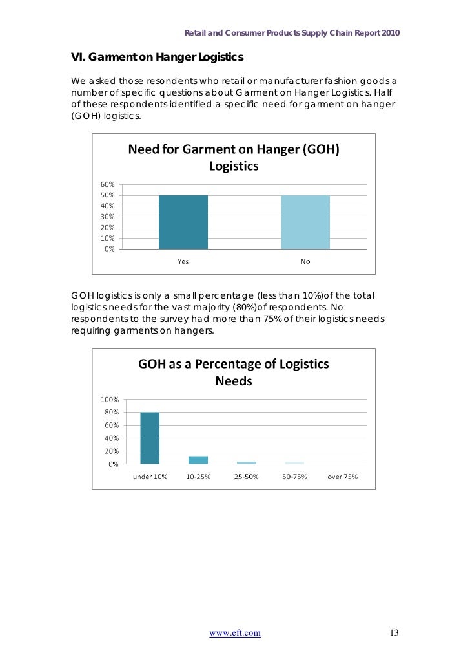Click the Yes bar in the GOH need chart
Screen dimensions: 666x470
coord(183,222)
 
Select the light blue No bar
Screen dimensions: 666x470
coord(305,222)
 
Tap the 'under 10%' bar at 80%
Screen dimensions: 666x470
coord(150,438)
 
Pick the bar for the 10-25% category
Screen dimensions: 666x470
coord(198,460)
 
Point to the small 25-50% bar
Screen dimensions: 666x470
coord(246,462)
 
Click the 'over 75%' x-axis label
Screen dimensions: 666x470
coord(342,477)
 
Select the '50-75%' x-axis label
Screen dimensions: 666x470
coord(294,477)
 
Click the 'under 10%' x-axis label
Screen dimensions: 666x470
coord(150,477)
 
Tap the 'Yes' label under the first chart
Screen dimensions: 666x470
coord(183,261)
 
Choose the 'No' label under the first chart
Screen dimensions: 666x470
coord(305,261)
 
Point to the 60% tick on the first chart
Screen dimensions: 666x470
coord(107,184)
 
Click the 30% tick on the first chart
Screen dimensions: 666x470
coord(107,217)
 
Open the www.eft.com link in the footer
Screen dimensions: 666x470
coord(235,633)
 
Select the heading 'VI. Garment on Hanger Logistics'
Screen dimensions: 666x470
coord(157,58)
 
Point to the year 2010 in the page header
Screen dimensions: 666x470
coord(391,33)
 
